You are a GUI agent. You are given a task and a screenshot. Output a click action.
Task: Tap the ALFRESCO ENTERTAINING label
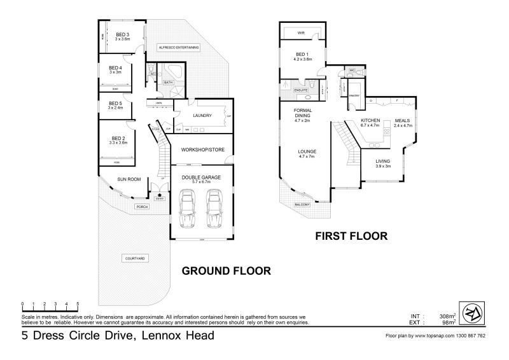click(x=179, y=47)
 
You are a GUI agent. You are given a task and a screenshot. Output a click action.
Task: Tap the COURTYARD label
click(x=133, y=258)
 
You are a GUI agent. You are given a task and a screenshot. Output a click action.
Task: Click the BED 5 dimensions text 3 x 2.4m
click(x=115, y=107)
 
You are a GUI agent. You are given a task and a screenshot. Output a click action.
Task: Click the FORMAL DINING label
click(x=302, y=113)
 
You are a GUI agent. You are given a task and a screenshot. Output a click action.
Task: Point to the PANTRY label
click(x=354, y=95)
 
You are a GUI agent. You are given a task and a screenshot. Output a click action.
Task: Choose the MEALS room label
click(x=403, y=120)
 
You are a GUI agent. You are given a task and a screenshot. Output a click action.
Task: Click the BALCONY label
click(x=302, y=204)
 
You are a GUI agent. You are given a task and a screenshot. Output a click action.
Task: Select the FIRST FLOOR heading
click(x=352, y=236)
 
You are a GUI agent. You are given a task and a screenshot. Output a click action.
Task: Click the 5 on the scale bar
click(x=78, y=304)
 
